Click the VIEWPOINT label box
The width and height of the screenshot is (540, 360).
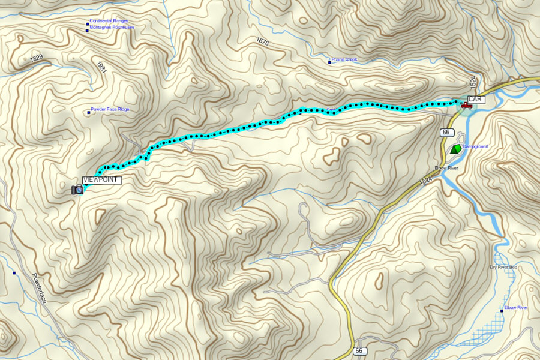102,180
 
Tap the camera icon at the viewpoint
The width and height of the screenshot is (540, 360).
77,190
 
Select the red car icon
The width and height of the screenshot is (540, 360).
466,106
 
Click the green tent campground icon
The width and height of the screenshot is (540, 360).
457,148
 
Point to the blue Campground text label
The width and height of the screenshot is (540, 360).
476,146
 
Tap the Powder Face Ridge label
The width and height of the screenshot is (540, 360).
110,109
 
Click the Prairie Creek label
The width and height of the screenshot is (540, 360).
344,59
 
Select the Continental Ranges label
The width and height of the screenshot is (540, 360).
109,21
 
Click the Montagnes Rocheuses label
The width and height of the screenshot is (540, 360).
112,27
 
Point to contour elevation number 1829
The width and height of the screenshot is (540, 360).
37,59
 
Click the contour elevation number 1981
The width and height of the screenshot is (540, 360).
100,66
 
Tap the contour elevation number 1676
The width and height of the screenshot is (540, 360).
262,41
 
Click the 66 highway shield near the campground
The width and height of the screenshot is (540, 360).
445,132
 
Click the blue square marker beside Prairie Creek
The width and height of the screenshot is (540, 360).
329,61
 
